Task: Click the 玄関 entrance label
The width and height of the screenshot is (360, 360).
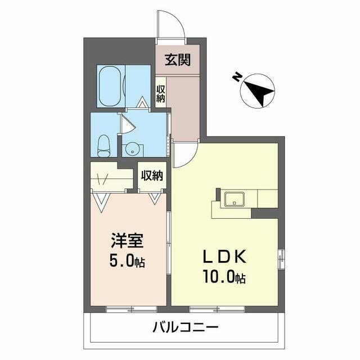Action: click(x=178, y=60)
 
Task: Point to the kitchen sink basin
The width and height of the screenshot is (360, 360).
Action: click(x=235, y=199)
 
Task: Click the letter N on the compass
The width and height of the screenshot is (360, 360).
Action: click(x=237, y=76)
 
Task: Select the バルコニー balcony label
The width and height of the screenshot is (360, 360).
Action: click(x=185, y=327)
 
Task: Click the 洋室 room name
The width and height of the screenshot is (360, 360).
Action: click(x=127, y=241)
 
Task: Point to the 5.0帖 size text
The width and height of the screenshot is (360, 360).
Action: click(x=127, y=261)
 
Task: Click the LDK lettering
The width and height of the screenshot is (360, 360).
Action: click(x=225, y=256)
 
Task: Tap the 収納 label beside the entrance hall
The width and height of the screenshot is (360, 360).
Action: click(x=161, y=93)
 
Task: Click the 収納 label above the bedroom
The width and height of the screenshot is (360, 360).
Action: click(x=152, y=175)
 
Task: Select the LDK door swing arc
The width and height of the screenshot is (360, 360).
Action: click(x=191, y=159)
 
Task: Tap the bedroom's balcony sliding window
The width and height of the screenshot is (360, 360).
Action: click(x=132, y=309)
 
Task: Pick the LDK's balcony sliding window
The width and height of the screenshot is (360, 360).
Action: click(x=217, y=309)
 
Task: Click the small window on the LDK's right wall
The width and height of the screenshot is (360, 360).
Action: click(x=281, y=258)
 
